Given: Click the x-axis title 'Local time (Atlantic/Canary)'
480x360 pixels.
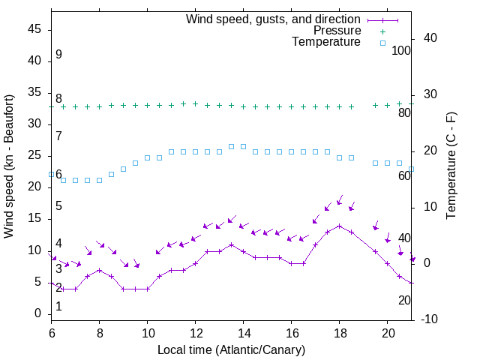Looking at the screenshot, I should coord(231,349).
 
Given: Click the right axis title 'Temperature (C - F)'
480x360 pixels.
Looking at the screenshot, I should coord(451,166).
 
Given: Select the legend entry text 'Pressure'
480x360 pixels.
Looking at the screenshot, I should coord(337,31).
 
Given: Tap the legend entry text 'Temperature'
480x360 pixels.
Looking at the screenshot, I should coord(326,42).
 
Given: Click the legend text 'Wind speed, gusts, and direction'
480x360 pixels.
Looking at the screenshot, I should coord(273,19).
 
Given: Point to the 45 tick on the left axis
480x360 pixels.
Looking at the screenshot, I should coord(34,30).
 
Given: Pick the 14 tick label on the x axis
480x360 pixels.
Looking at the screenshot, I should coord(243,332).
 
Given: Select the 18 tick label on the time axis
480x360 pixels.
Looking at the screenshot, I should coord(339,332).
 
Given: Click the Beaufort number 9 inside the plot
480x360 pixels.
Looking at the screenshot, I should coord(58,55).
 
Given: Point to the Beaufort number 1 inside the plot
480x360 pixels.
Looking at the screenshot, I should coord(58,307).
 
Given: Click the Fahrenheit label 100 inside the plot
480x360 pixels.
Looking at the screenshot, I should coord(402,51).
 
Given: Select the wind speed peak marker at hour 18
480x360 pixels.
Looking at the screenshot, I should coord(339,226).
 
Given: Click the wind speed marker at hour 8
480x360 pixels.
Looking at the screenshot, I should coord(99,270).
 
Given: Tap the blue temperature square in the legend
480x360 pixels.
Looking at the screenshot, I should coord(382,43).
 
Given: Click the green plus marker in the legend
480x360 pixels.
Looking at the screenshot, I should coord(382,31).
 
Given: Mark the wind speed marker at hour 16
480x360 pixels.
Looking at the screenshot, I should coord(291,263).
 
